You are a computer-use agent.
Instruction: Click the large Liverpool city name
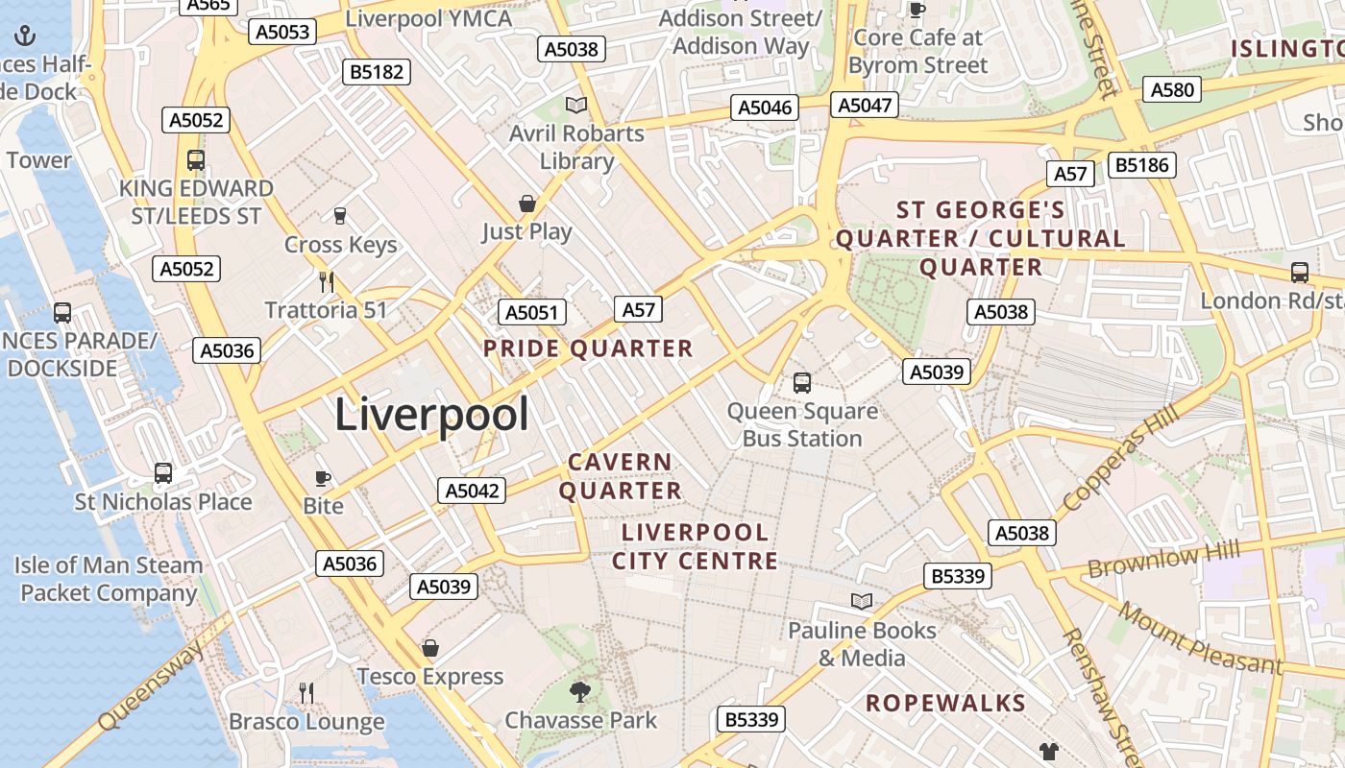coord(431,415)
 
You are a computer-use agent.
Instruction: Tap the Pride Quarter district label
coord(588,348)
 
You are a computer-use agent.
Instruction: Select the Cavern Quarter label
coord(621,476)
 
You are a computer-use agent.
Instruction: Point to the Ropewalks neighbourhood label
coord(945,703)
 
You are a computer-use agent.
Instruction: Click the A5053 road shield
coord(282,32)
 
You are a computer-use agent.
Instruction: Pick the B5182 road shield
coord(378,72)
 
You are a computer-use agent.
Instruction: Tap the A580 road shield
coord(1172,90)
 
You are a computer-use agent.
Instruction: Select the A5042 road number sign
coord(473,491)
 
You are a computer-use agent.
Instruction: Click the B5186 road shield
coord(1141,165)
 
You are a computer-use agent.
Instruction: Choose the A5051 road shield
coord(531,312)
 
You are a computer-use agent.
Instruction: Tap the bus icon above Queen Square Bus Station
coord(802,383)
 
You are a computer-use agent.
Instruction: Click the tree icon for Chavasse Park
coord(579,691)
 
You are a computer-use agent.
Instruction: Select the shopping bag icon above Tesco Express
coord(430,648)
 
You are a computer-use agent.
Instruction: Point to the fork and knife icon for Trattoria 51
coord(327,281)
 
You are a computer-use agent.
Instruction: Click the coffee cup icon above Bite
coord(323,478)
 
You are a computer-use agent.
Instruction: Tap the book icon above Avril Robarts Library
coord(576,106)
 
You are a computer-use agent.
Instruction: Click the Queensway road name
coord(151,684)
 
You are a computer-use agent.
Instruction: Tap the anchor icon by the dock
coord(25,36)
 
